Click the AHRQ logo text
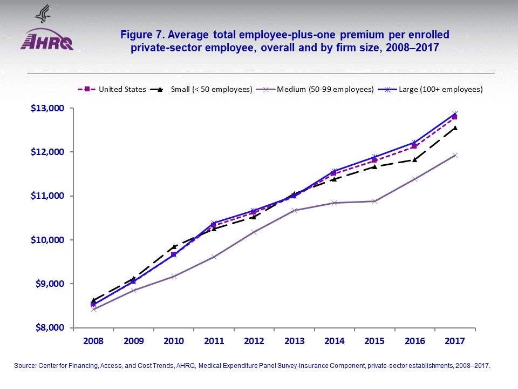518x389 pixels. tap(47, 42)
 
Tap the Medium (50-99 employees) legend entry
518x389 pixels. tap(318, 89)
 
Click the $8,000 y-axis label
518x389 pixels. tap(51, 327)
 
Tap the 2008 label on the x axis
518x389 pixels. tap(93, 341)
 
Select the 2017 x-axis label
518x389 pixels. tap(455, 341)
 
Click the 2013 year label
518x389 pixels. tap(294, 341)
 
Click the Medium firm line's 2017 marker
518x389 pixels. tap(455, 155)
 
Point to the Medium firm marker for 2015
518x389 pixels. tap(374, 201)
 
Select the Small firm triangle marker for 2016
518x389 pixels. tap(414, 159)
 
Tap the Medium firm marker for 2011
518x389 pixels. tap(214, 257)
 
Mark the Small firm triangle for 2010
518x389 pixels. tap(174, 246)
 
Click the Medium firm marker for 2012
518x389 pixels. tap(254, 232)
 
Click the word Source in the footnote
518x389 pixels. tap(25, 366)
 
